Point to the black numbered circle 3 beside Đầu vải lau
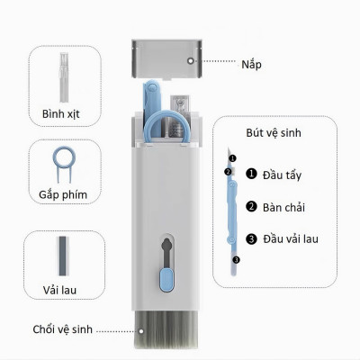click(x=251, y=238)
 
